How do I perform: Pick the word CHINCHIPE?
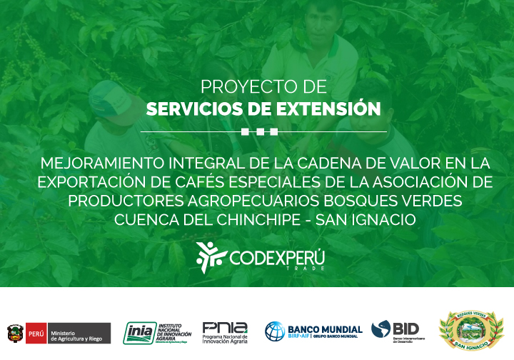point(248,219)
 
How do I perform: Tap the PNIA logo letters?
point(225,327)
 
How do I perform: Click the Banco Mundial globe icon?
point(275,331)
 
